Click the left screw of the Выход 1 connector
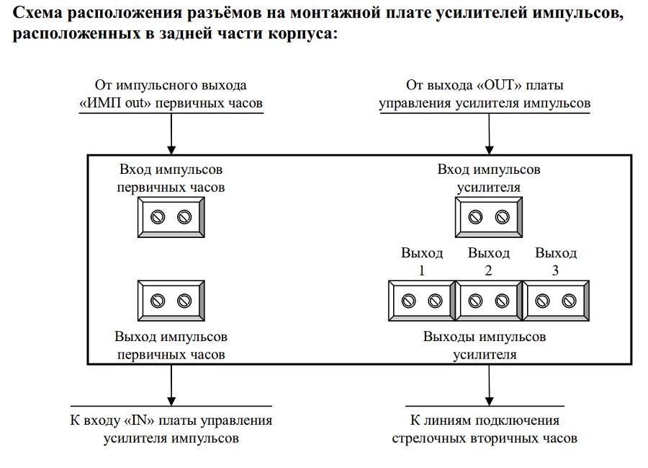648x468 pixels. point(408,300)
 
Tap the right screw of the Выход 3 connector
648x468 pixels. point(569,300)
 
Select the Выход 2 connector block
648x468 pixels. point(488,300)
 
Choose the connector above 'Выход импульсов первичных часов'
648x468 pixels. point(171,300)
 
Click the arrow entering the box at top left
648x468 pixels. point(171,134)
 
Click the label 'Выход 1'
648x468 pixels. point(421,262)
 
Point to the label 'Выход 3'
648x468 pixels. point(556,262)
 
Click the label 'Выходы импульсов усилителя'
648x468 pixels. point(484,345)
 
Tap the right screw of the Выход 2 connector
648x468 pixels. point(502,300)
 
